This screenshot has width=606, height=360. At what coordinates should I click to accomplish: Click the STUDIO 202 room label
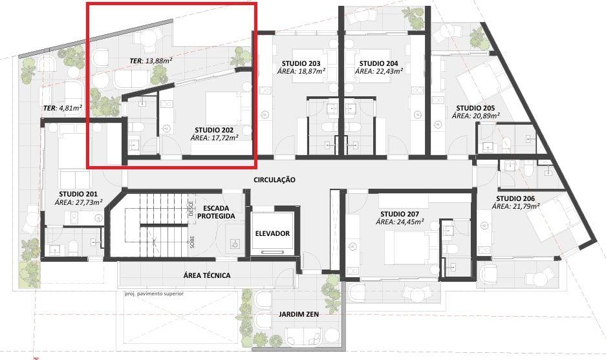[214, 130]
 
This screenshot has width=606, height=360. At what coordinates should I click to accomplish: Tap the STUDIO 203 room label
[301, 63]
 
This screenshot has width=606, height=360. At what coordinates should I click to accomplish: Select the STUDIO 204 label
[379, 63]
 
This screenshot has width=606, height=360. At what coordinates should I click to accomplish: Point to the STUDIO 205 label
[476, 108]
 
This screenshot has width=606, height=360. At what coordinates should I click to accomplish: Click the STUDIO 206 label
[515, 198]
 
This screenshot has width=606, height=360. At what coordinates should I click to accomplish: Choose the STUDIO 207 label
[400, 214]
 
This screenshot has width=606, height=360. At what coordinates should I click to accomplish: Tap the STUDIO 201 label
[78, 194]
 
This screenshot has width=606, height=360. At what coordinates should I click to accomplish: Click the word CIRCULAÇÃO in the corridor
[274, 180]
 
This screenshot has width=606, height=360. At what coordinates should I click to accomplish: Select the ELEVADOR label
[272, 233]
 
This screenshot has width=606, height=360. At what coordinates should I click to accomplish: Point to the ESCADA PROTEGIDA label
[216, 212]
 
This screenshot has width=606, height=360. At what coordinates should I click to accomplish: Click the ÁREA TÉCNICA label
[207, 275]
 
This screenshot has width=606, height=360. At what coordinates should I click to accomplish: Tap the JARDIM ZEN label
[299, 314]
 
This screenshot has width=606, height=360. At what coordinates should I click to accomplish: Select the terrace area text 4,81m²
[70, 108]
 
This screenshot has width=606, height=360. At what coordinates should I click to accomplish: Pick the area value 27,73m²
[90, 202]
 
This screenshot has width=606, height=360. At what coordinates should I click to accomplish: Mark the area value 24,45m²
[411, 222]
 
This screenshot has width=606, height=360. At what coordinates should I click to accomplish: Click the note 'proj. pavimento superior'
[154, 293]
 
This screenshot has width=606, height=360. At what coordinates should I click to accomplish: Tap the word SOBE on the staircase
[192, 242]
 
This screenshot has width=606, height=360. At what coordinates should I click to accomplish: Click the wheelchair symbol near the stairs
[234, 244]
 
